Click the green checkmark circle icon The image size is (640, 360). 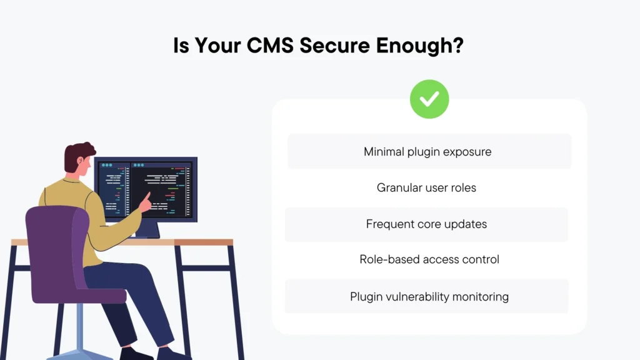pos(429,99)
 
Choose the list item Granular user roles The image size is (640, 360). pos(426,187)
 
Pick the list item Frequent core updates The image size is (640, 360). pos(426,224)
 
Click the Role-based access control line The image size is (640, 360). pos(429,259)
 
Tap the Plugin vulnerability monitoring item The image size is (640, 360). pos(429,296)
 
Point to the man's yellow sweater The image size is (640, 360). pos(69,200)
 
